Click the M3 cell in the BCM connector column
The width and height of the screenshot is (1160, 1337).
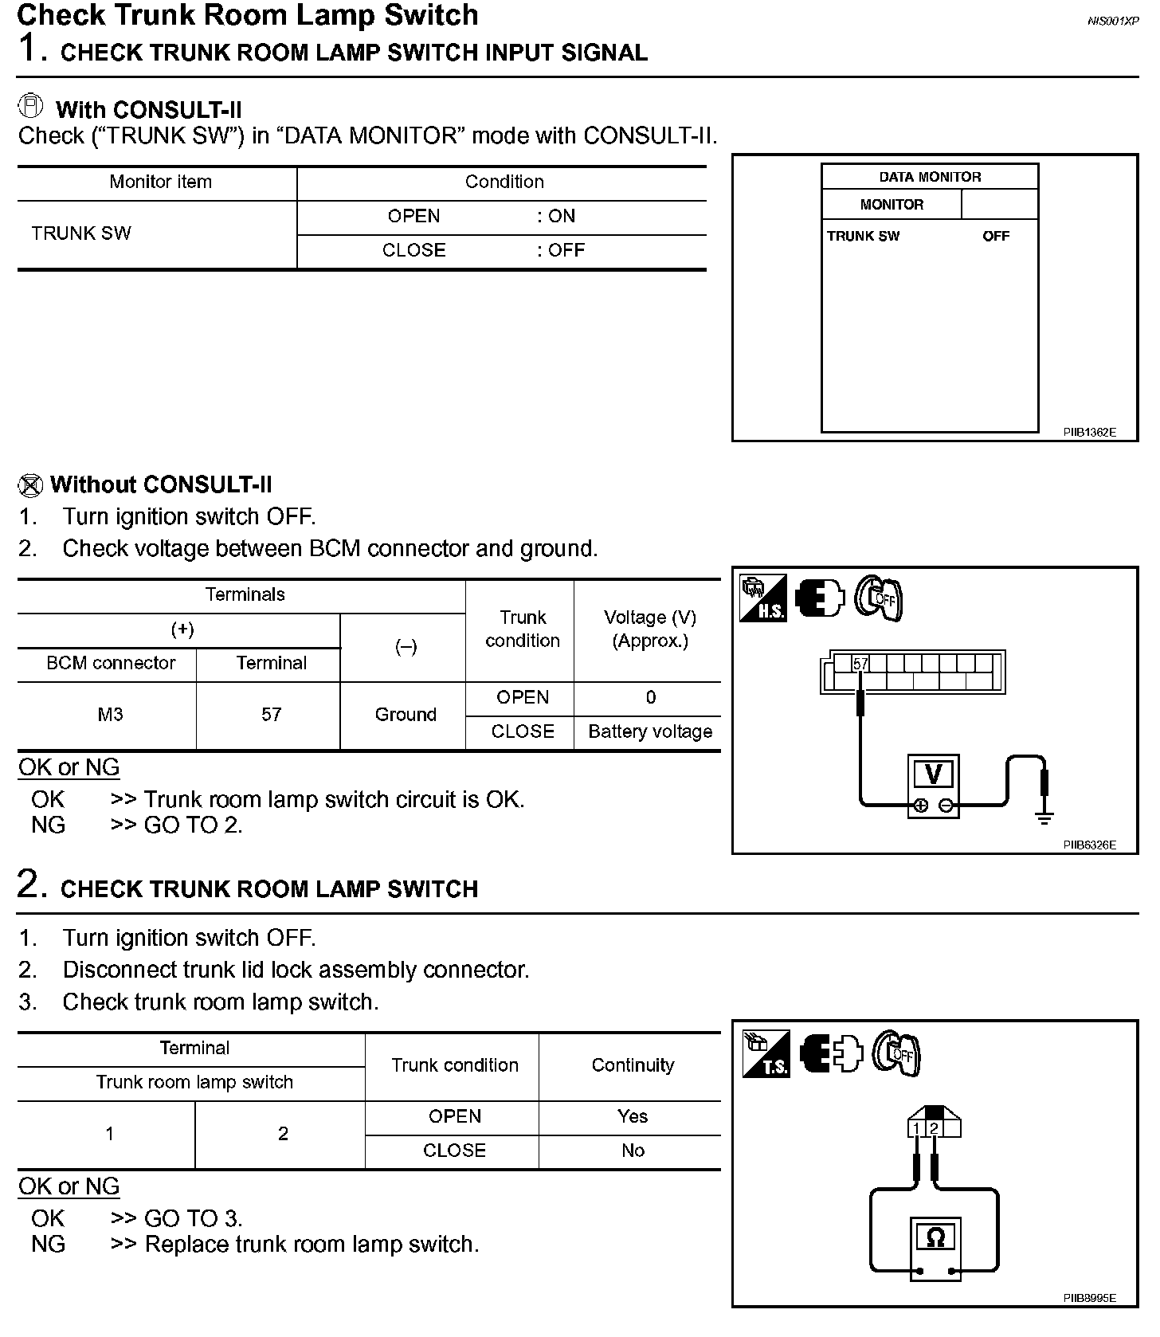(110, 715)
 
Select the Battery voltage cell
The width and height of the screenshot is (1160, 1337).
(650, 731)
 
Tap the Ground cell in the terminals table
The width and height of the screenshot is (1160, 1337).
(406, 715)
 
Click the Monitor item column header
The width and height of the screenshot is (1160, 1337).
(160, 182)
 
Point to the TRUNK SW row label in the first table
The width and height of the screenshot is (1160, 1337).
(81, 233)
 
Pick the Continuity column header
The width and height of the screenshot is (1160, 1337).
(633, 1065)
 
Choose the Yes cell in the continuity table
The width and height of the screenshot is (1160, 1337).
(633, 1116)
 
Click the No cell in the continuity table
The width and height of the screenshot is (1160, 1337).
(633, 1151)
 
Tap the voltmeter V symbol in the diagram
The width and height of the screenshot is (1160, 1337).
(933, 774)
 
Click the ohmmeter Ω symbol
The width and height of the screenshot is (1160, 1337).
(936, 1237)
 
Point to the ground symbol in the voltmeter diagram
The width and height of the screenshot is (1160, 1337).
(1044, 817)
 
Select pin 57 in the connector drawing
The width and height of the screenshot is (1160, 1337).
(860, 664)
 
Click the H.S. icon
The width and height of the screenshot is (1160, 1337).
(763, 599)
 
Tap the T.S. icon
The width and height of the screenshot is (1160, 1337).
(766, 1054)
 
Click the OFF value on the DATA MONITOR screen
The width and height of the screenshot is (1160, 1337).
(995, 237)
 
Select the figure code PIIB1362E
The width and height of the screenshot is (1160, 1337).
(1089, 433)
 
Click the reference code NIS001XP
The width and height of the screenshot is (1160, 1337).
(1112, 22)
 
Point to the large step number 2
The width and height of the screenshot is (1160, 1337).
(28, 884)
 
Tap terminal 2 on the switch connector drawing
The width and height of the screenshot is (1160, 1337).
(935, 1128)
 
